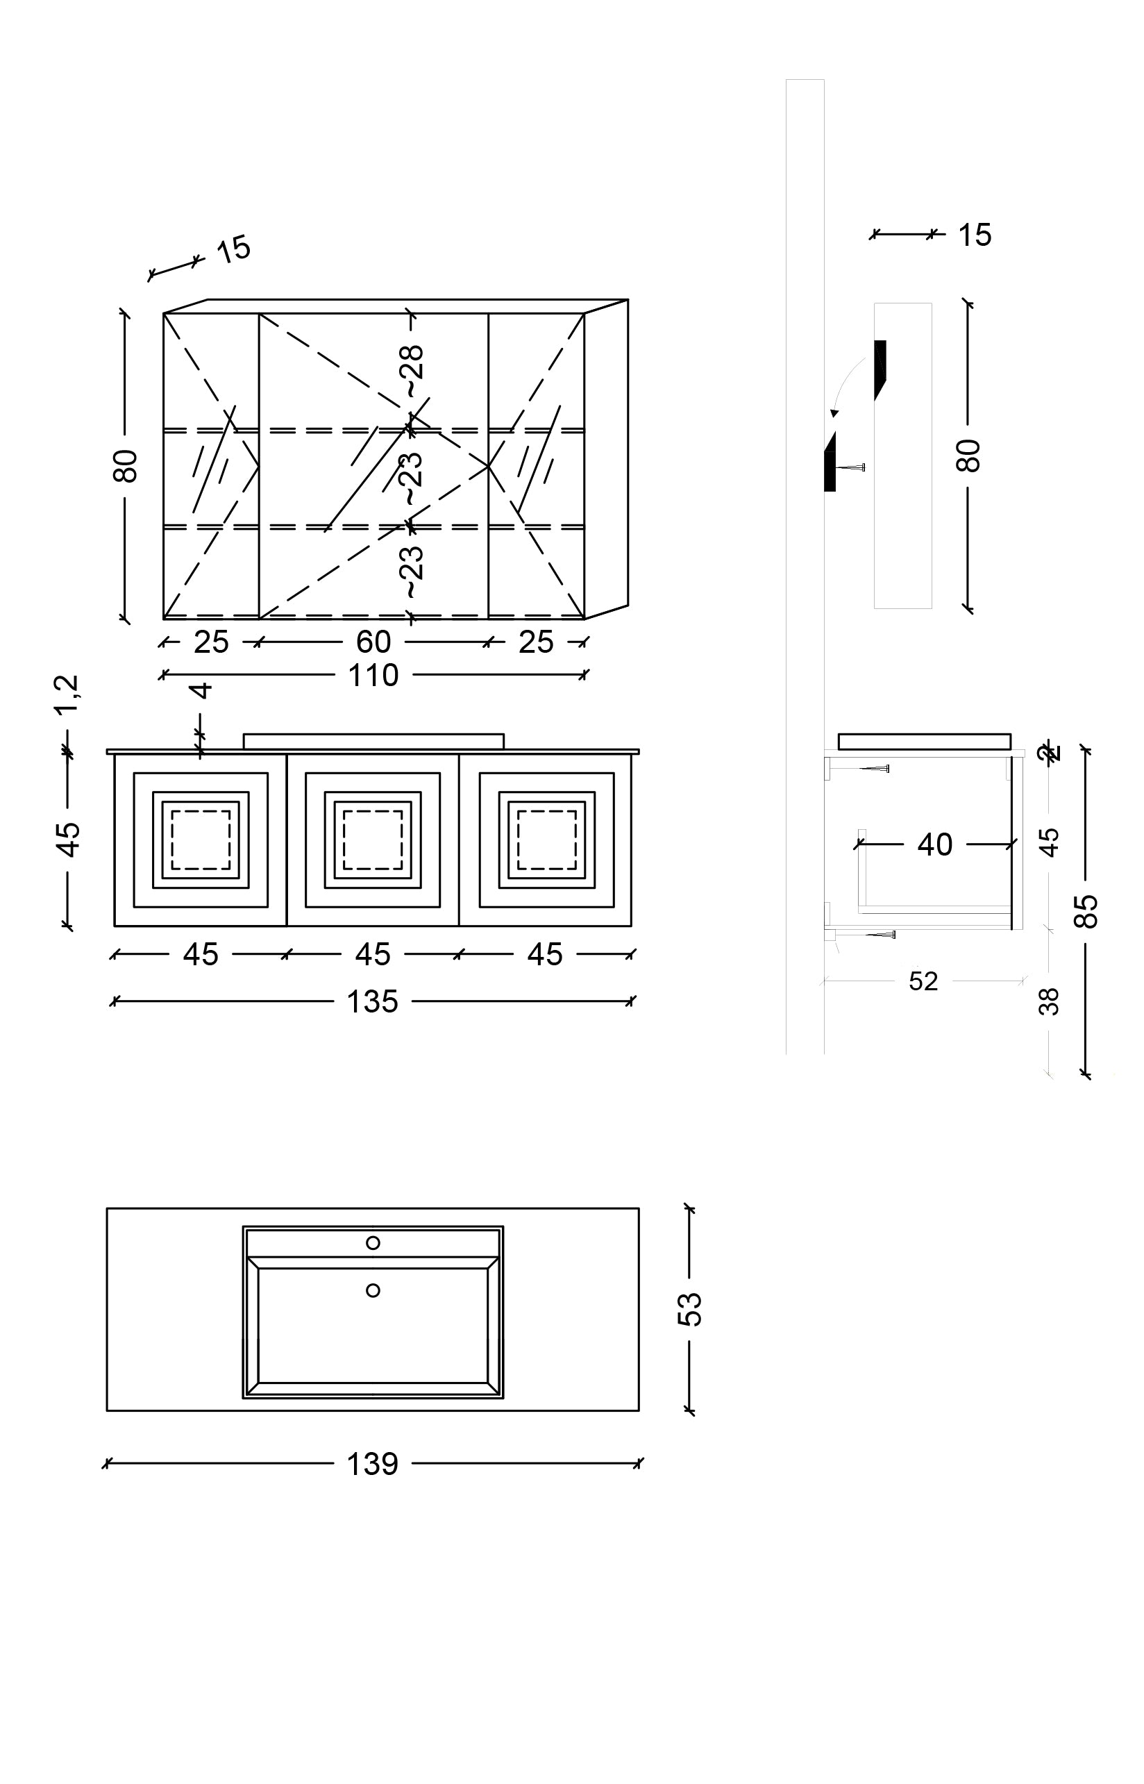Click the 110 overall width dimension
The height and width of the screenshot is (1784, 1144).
(373, 676)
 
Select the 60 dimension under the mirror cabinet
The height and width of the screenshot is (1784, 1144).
(373, 642)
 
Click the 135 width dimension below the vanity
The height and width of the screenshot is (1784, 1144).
(373, 1001)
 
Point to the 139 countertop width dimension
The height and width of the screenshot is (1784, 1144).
(373, 1464)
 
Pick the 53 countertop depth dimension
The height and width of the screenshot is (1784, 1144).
(690, 1308)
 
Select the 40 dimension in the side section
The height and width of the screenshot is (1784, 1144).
(934, 845)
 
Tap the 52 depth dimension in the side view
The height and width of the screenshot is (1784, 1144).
(923, 981)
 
